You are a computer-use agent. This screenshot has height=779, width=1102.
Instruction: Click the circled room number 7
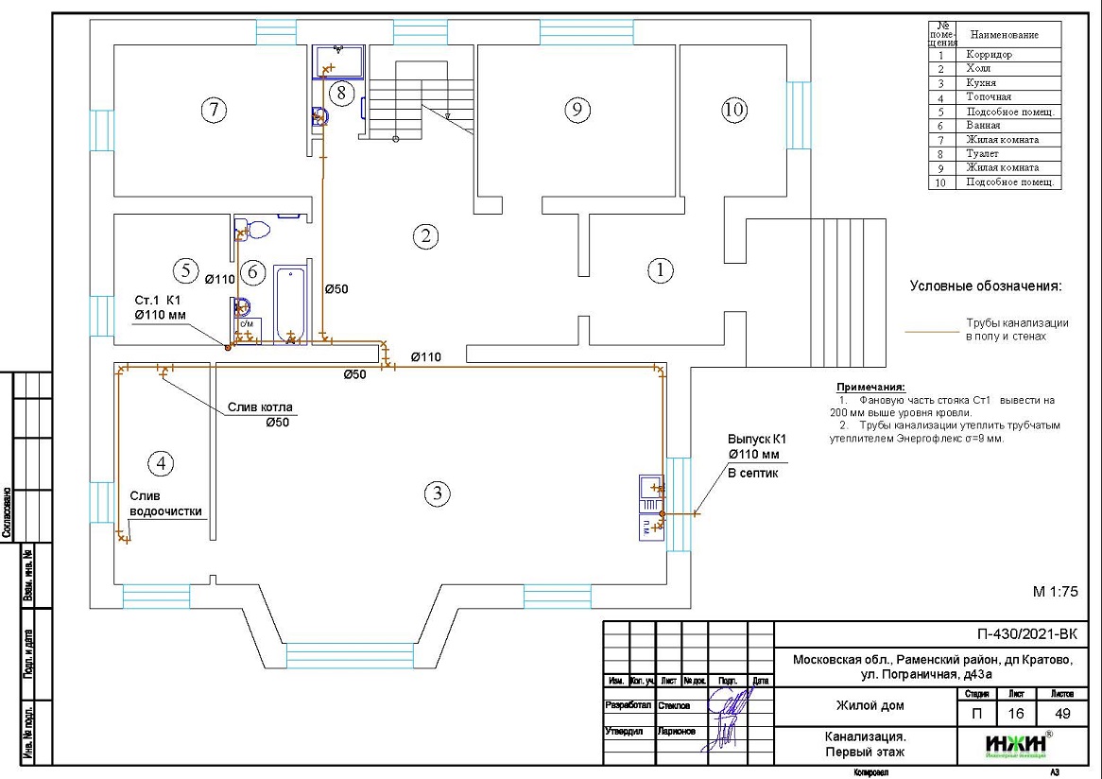[215, 111]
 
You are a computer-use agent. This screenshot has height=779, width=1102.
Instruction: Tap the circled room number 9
[577, 111]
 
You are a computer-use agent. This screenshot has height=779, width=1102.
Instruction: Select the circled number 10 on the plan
[733, 111]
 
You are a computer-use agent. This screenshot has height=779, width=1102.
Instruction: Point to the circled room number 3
[436, 493]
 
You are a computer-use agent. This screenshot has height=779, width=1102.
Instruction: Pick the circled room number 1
[660, 270]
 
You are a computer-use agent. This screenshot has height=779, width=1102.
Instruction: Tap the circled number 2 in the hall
[426, 235]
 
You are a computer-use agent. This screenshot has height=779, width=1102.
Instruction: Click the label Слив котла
[260, 407]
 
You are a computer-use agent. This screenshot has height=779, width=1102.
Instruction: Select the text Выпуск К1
[756, 440]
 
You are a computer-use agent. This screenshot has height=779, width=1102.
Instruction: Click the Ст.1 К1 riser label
[157, 300]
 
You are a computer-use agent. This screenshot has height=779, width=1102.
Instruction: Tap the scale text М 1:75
[1055, 592]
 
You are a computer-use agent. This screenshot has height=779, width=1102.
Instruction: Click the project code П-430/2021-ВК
[1026, 634]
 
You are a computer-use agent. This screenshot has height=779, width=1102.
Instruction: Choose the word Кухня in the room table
[980, 83]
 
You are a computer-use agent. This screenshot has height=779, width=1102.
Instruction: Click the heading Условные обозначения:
[986, 286]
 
